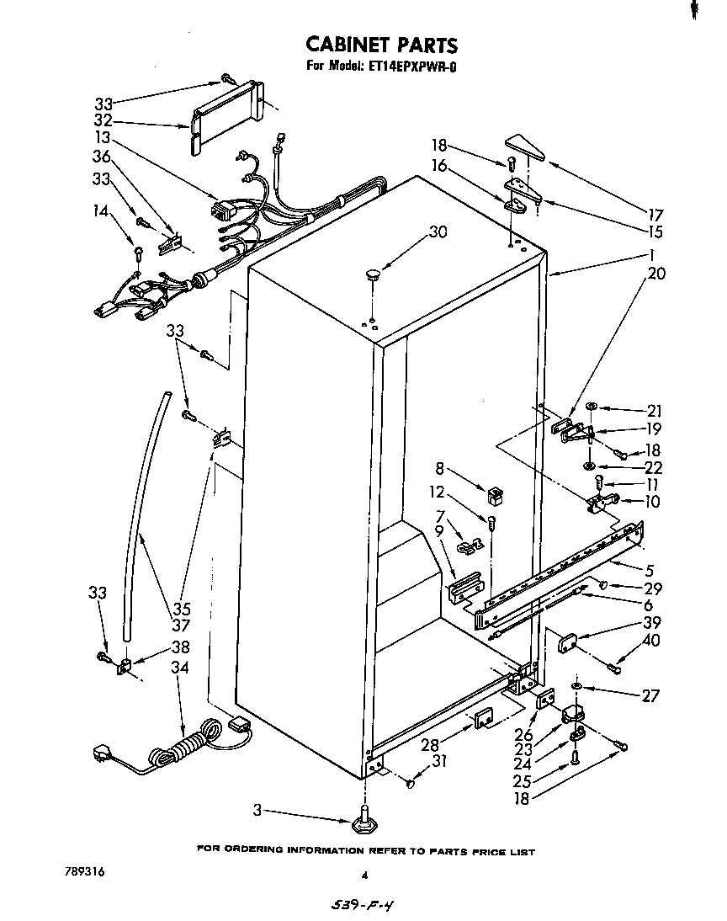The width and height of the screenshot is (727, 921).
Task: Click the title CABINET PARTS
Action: click(380, 45)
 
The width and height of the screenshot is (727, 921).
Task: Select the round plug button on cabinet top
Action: click(372, 273)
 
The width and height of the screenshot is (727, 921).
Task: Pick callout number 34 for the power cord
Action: click(179, 668)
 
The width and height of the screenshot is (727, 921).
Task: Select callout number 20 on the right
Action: click(656, 273)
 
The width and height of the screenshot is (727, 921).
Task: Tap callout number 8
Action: click(439, 470)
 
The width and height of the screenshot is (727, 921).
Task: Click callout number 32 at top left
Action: click(103, 120)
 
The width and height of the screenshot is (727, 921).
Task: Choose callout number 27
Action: click(650, 695)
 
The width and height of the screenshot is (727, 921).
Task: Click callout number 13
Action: click(103, 137)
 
